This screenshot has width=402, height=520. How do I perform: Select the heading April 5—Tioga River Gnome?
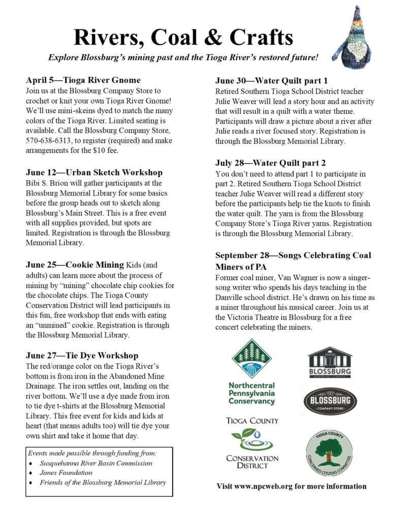pos(83,80)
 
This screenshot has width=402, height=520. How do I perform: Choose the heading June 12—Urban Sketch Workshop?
pos(94,172)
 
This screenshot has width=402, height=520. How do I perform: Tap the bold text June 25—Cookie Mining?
pos(75,265)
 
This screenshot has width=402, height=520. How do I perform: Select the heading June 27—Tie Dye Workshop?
pos(82,355)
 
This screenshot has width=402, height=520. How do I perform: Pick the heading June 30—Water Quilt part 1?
pos(271,80)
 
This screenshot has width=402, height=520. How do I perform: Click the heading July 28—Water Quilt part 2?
pos(270,163)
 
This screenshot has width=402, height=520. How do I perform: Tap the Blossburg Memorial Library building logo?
pos(329,363)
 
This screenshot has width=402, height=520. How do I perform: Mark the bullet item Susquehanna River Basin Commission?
pos(96,463)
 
